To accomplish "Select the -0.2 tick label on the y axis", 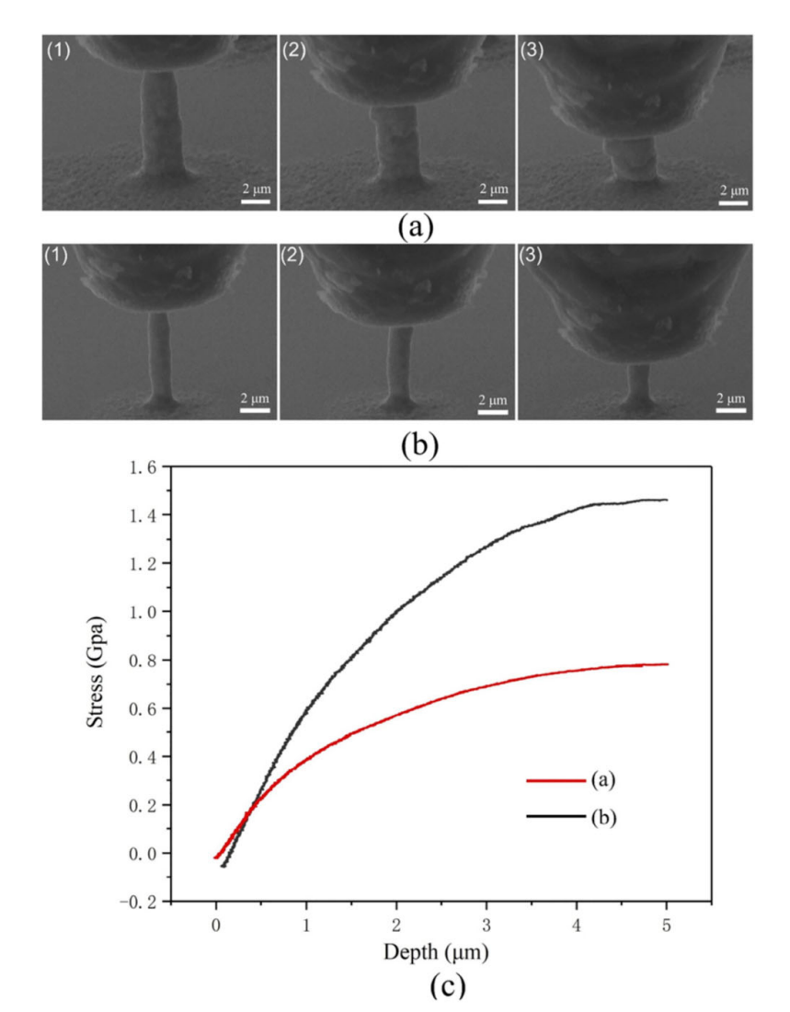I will pyautogui.click(x=138, y=902).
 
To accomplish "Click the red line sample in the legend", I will pyautogui.click(x=555, y=781).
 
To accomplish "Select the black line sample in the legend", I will pyautogui.click(x=555, y=815).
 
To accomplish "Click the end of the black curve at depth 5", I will pyautogui.click(x=667, y=500).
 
